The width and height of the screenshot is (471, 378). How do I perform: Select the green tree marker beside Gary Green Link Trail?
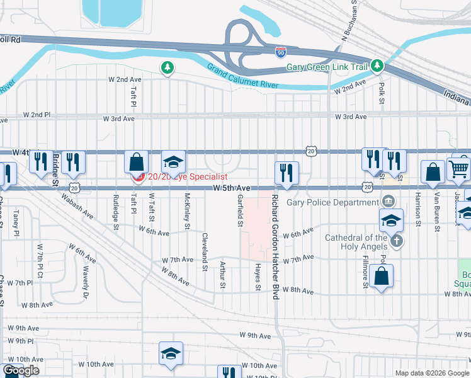(x=377, y=66)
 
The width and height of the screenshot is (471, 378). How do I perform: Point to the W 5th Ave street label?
(x=232, y=188)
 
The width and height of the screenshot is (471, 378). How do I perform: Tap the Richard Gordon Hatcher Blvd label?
(x=275, y=246)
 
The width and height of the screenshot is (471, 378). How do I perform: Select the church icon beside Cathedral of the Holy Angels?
(x=397, y=241)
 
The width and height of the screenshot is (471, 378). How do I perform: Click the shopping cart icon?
(x=459, y=168)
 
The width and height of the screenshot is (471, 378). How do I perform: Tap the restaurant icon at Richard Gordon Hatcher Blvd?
(x=287, y=172)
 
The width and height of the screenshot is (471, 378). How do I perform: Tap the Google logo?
(x=21, y=370)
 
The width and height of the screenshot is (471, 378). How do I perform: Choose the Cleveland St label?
(x=205, y=252)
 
